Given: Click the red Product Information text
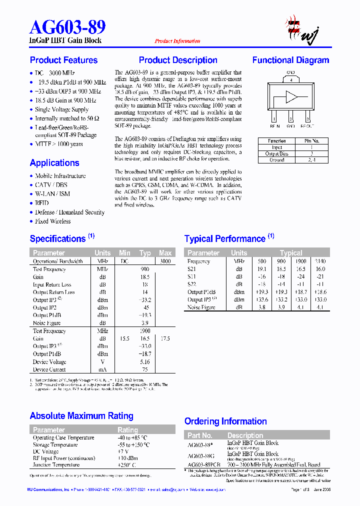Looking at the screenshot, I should [177, 41].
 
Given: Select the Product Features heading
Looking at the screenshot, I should [63, 60].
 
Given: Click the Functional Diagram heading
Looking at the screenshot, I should [290, 60].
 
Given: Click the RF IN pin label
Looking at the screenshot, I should [274, 126].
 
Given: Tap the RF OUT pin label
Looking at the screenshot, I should [308, 126].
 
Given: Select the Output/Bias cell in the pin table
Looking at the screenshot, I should [276, 154].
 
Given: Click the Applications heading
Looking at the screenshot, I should [54, 162].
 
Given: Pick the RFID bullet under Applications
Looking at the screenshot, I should [42, 203].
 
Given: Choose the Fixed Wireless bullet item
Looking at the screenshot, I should [53, 221].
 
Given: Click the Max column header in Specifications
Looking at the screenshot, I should [165, 253].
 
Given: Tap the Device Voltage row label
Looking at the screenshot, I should [49, 361].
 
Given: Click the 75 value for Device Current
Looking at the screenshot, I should [145, 369].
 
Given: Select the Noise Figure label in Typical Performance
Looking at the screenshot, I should [201, 307].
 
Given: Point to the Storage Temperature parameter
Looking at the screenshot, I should [55, 444].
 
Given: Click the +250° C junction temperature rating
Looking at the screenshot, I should [126, 465].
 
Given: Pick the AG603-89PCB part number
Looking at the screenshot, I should [204, 464].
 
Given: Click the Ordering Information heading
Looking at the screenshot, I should [226, 421].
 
